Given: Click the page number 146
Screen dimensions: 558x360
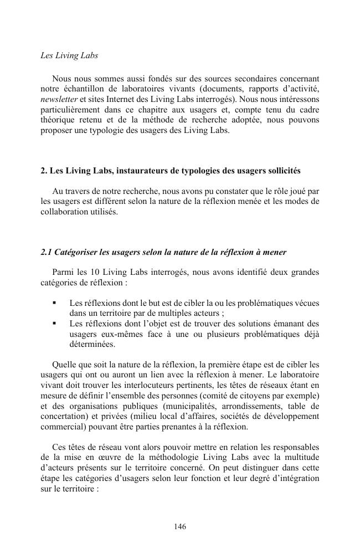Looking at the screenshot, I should tap(180, 526).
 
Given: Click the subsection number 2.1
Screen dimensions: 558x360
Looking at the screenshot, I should tap(47, 252).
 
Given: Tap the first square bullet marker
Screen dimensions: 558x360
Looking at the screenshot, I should tap(54, 303).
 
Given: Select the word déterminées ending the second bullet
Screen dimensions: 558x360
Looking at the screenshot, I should tap(92, 344).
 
